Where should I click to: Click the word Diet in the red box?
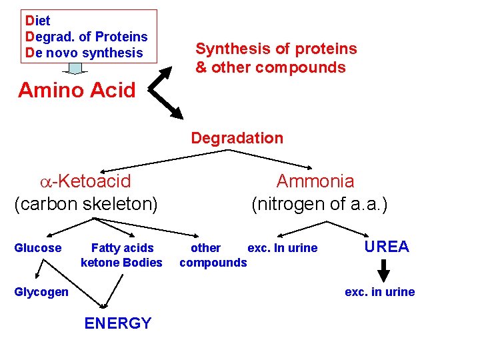pyautogui.click(x=38, y=21)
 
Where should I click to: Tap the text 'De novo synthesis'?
pyautogui.click(x=84, y=53)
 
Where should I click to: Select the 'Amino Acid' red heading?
pyautogui.click(x=77, y=90)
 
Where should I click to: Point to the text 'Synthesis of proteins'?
pyautogui.click(x=276, y=49)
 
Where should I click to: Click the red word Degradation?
pyautogui.click(x=237, y=138)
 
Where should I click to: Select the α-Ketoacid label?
pyautogui.click(x=85, y=181)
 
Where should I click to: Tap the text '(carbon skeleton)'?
pyautogui.click(x=86, y=203)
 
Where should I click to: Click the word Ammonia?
pyautogui.click(x=315, y=181)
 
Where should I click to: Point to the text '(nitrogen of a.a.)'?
pyautogui.click(x=319, y=203)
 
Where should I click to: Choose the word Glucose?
pyautogui.click(x=38, y=248)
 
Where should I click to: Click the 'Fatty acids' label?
pyautogui.click(x=122, y=248)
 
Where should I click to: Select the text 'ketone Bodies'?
pyautogui.click(x=121, y=263)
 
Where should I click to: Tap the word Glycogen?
pyautogui.click(x=41, y=292)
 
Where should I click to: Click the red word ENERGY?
pyautogui.click(x=118, y=324)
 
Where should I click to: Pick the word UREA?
pyautogui.click(x=387, y=247)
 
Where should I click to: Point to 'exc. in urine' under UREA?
pyautogui.click(x=379, y=292)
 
